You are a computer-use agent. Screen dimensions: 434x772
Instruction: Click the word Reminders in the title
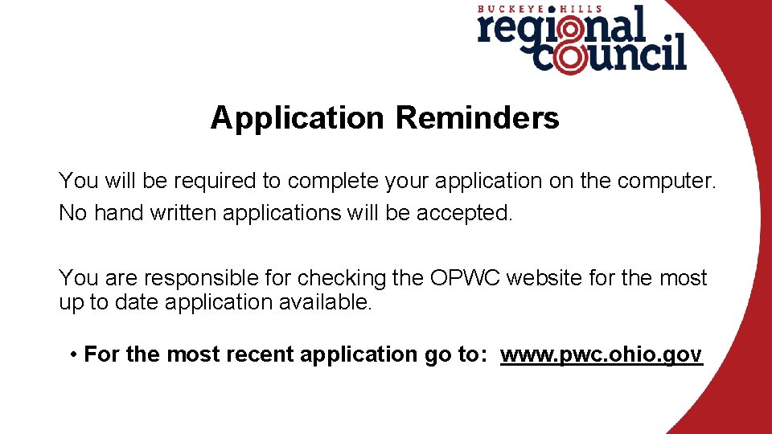(x=477, y=118)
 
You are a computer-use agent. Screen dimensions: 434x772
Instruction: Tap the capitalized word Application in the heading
(x=298, y=119)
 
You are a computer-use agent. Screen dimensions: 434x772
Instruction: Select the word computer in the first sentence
(x=666, y=181)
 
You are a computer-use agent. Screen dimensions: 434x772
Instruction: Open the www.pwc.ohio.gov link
(x=602, y=354)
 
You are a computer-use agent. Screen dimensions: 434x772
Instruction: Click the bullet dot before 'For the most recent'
(x=73, y=354)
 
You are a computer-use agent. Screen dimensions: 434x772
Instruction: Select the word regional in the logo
(x=561, y=29)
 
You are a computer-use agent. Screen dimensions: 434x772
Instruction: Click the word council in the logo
(x=611, y=56)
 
